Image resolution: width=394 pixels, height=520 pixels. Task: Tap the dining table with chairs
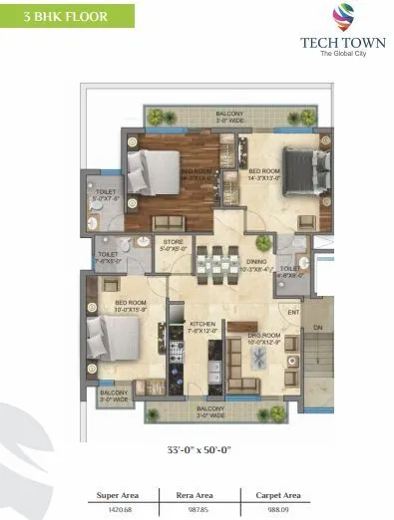coord(218,263)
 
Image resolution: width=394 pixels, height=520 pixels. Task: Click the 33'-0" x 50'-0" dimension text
coord(198,450)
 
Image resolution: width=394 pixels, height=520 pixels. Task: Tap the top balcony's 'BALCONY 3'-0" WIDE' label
coord(229,118)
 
